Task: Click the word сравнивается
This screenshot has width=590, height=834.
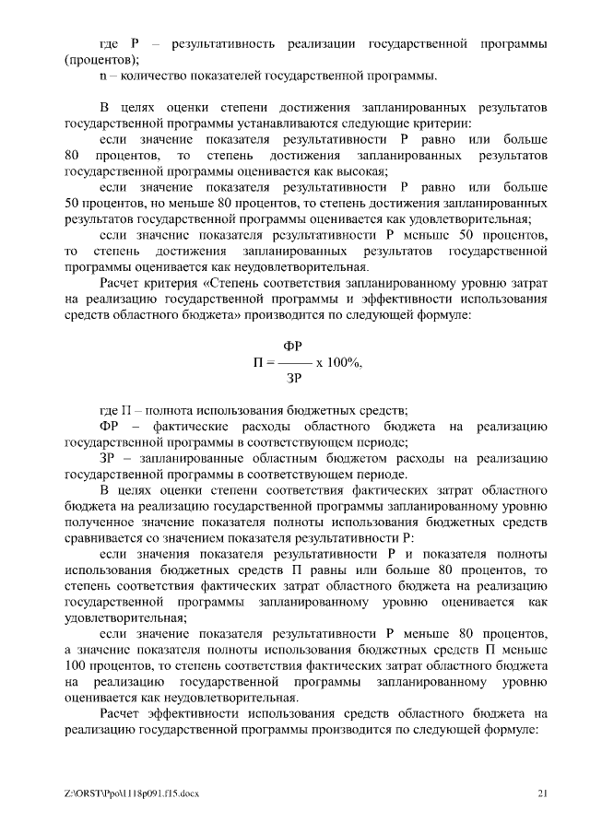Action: [109, 537]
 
